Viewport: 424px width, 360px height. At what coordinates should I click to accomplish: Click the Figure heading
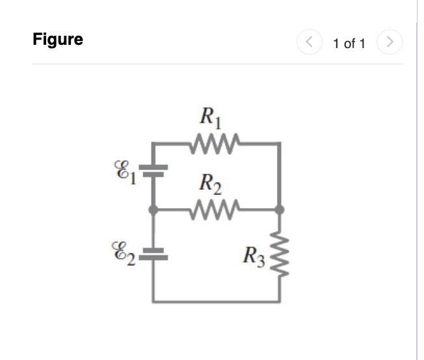click(58, 40)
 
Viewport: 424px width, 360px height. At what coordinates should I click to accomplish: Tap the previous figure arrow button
click(309, 43)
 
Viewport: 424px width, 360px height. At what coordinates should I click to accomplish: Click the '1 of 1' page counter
click(349, 44)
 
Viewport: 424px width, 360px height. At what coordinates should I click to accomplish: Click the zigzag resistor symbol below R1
click(215, 142)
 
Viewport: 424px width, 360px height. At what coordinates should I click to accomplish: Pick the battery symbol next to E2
click(153, 253)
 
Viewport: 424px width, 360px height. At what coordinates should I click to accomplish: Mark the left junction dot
click(153, 210)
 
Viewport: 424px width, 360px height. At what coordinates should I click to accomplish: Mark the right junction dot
click(280, 210)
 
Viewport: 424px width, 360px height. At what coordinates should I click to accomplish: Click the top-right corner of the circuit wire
click(280, 142)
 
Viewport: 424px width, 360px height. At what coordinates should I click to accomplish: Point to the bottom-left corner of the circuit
click(154, 301)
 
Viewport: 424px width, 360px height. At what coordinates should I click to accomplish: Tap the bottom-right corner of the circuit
click(280, 301)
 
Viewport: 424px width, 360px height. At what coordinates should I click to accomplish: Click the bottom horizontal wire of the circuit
click(217, 301)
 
